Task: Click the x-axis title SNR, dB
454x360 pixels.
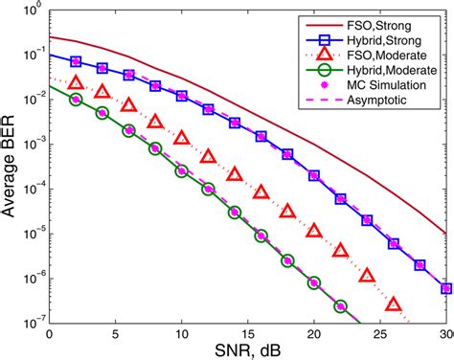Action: [247, 350]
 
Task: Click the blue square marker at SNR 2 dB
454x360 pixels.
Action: [76, 60]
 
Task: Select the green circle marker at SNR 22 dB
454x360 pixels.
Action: [340, 307]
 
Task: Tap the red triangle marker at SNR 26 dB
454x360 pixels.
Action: [393, 305]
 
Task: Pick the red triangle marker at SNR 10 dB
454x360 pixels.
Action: [182, 123]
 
